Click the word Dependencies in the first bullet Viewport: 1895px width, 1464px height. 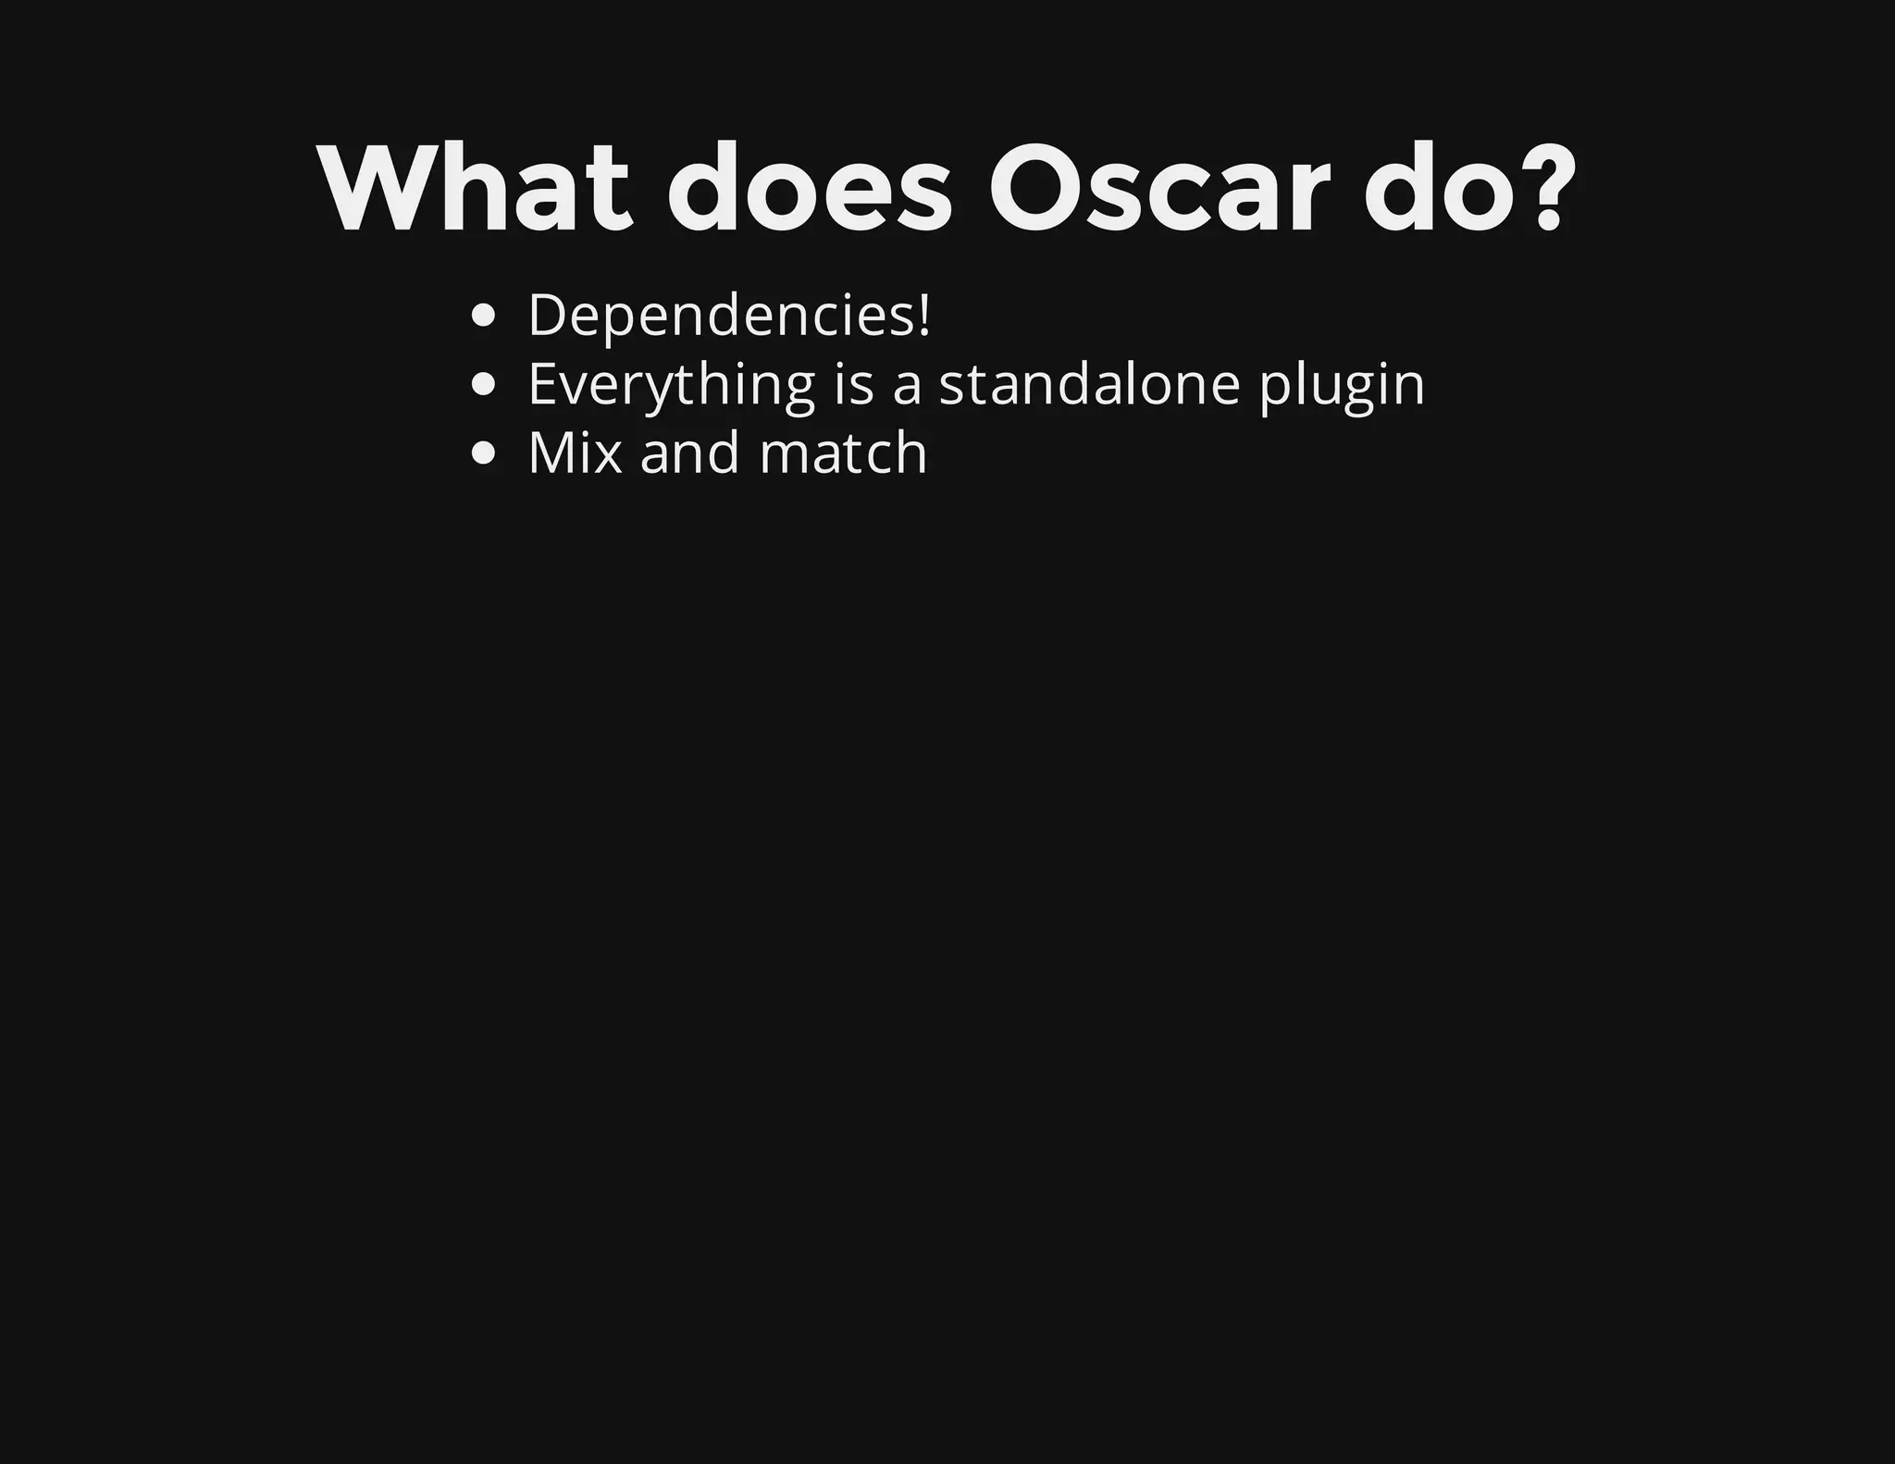point(719,316)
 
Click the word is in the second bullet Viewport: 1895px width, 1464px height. point(854,385)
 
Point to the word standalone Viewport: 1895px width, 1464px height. point(1089,384)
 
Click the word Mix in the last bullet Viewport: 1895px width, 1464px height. point(575,453)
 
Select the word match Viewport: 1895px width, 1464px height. point(843,453)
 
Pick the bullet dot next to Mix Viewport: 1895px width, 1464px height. point(484,454)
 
